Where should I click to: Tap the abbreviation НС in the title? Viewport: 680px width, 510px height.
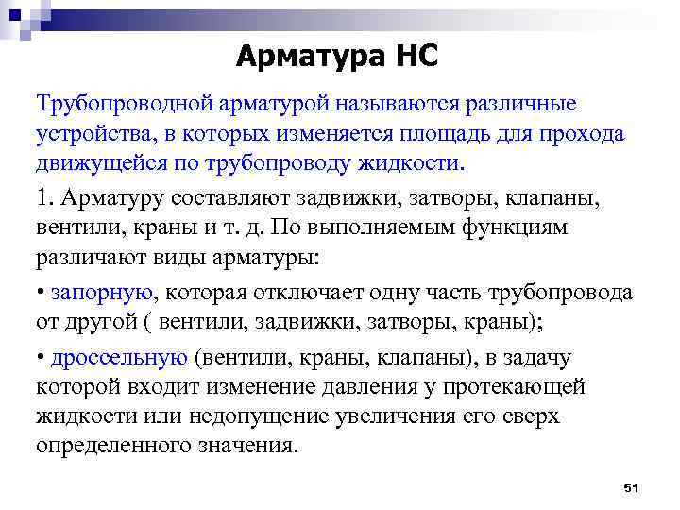pyautogui.click(x=415, y=58)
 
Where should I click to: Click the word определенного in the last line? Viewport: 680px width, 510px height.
pyautogui.click(x=110, y=446)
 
